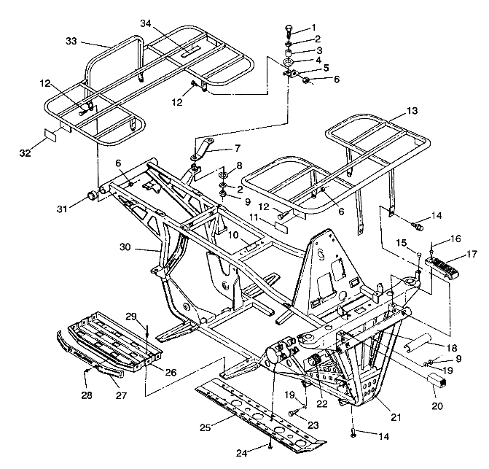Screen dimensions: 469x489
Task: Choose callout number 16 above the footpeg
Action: pos(455,239)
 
